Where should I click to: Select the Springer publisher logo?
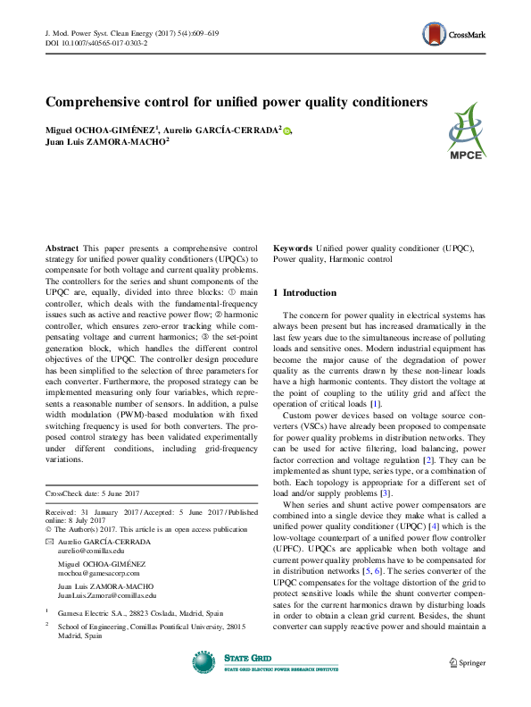click(x=469, y=661)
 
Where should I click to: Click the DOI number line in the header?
click(x=96, y=42)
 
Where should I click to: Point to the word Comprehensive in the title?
click(x=94, y=101)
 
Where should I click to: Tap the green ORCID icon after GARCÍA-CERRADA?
click(x=287, y=130)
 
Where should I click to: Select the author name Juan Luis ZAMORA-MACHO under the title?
click(x=105, y=141)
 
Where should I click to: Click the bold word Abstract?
click(x=61, y=246)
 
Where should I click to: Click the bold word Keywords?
click(x=293, y=246)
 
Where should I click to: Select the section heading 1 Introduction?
click(x=305, y=292)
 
